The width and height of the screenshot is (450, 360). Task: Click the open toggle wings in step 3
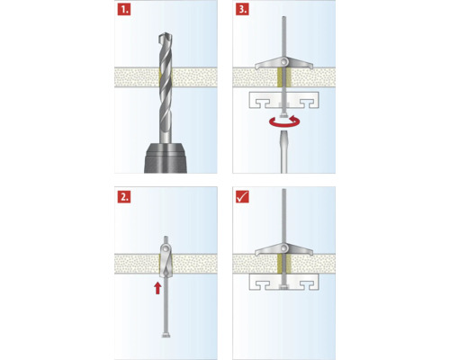[283, 61]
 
